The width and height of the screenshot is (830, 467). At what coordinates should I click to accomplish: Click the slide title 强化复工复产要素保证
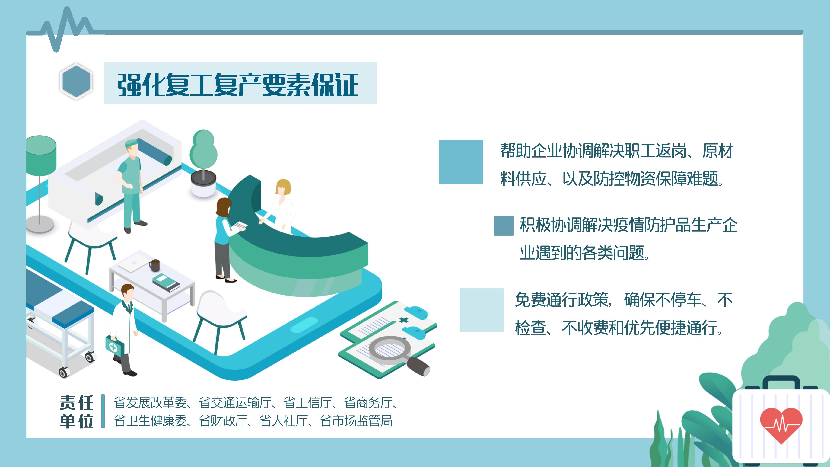pyautogui.click(x=238, y=85)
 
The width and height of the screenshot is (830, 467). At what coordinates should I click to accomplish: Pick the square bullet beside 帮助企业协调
pyautogui.click(x=461, y=162)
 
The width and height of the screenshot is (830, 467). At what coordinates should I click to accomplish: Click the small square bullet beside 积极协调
pyautogui.click(x=503, y=226)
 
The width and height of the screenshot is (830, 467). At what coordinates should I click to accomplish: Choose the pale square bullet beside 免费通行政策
pyautogui.click(x=481, y=310)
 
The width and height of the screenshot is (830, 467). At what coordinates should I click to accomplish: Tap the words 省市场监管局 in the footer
pyautogui.click(x=356, y=421)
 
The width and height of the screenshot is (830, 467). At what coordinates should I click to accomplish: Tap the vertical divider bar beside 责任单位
pyautogui.click(x=103, y=411)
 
